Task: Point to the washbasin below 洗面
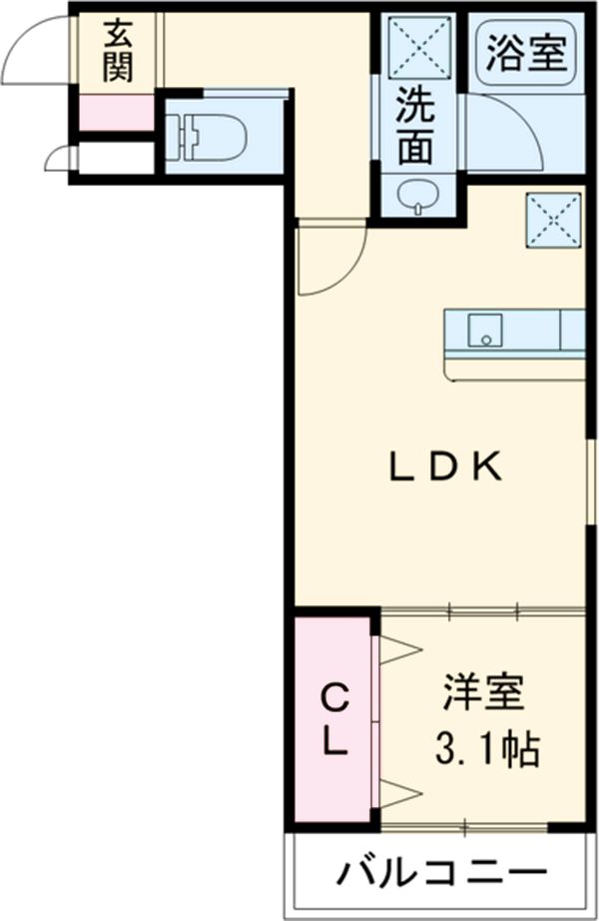pos(416,196)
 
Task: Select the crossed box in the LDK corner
pos(552,217)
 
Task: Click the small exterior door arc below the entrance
pos(61,158)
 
